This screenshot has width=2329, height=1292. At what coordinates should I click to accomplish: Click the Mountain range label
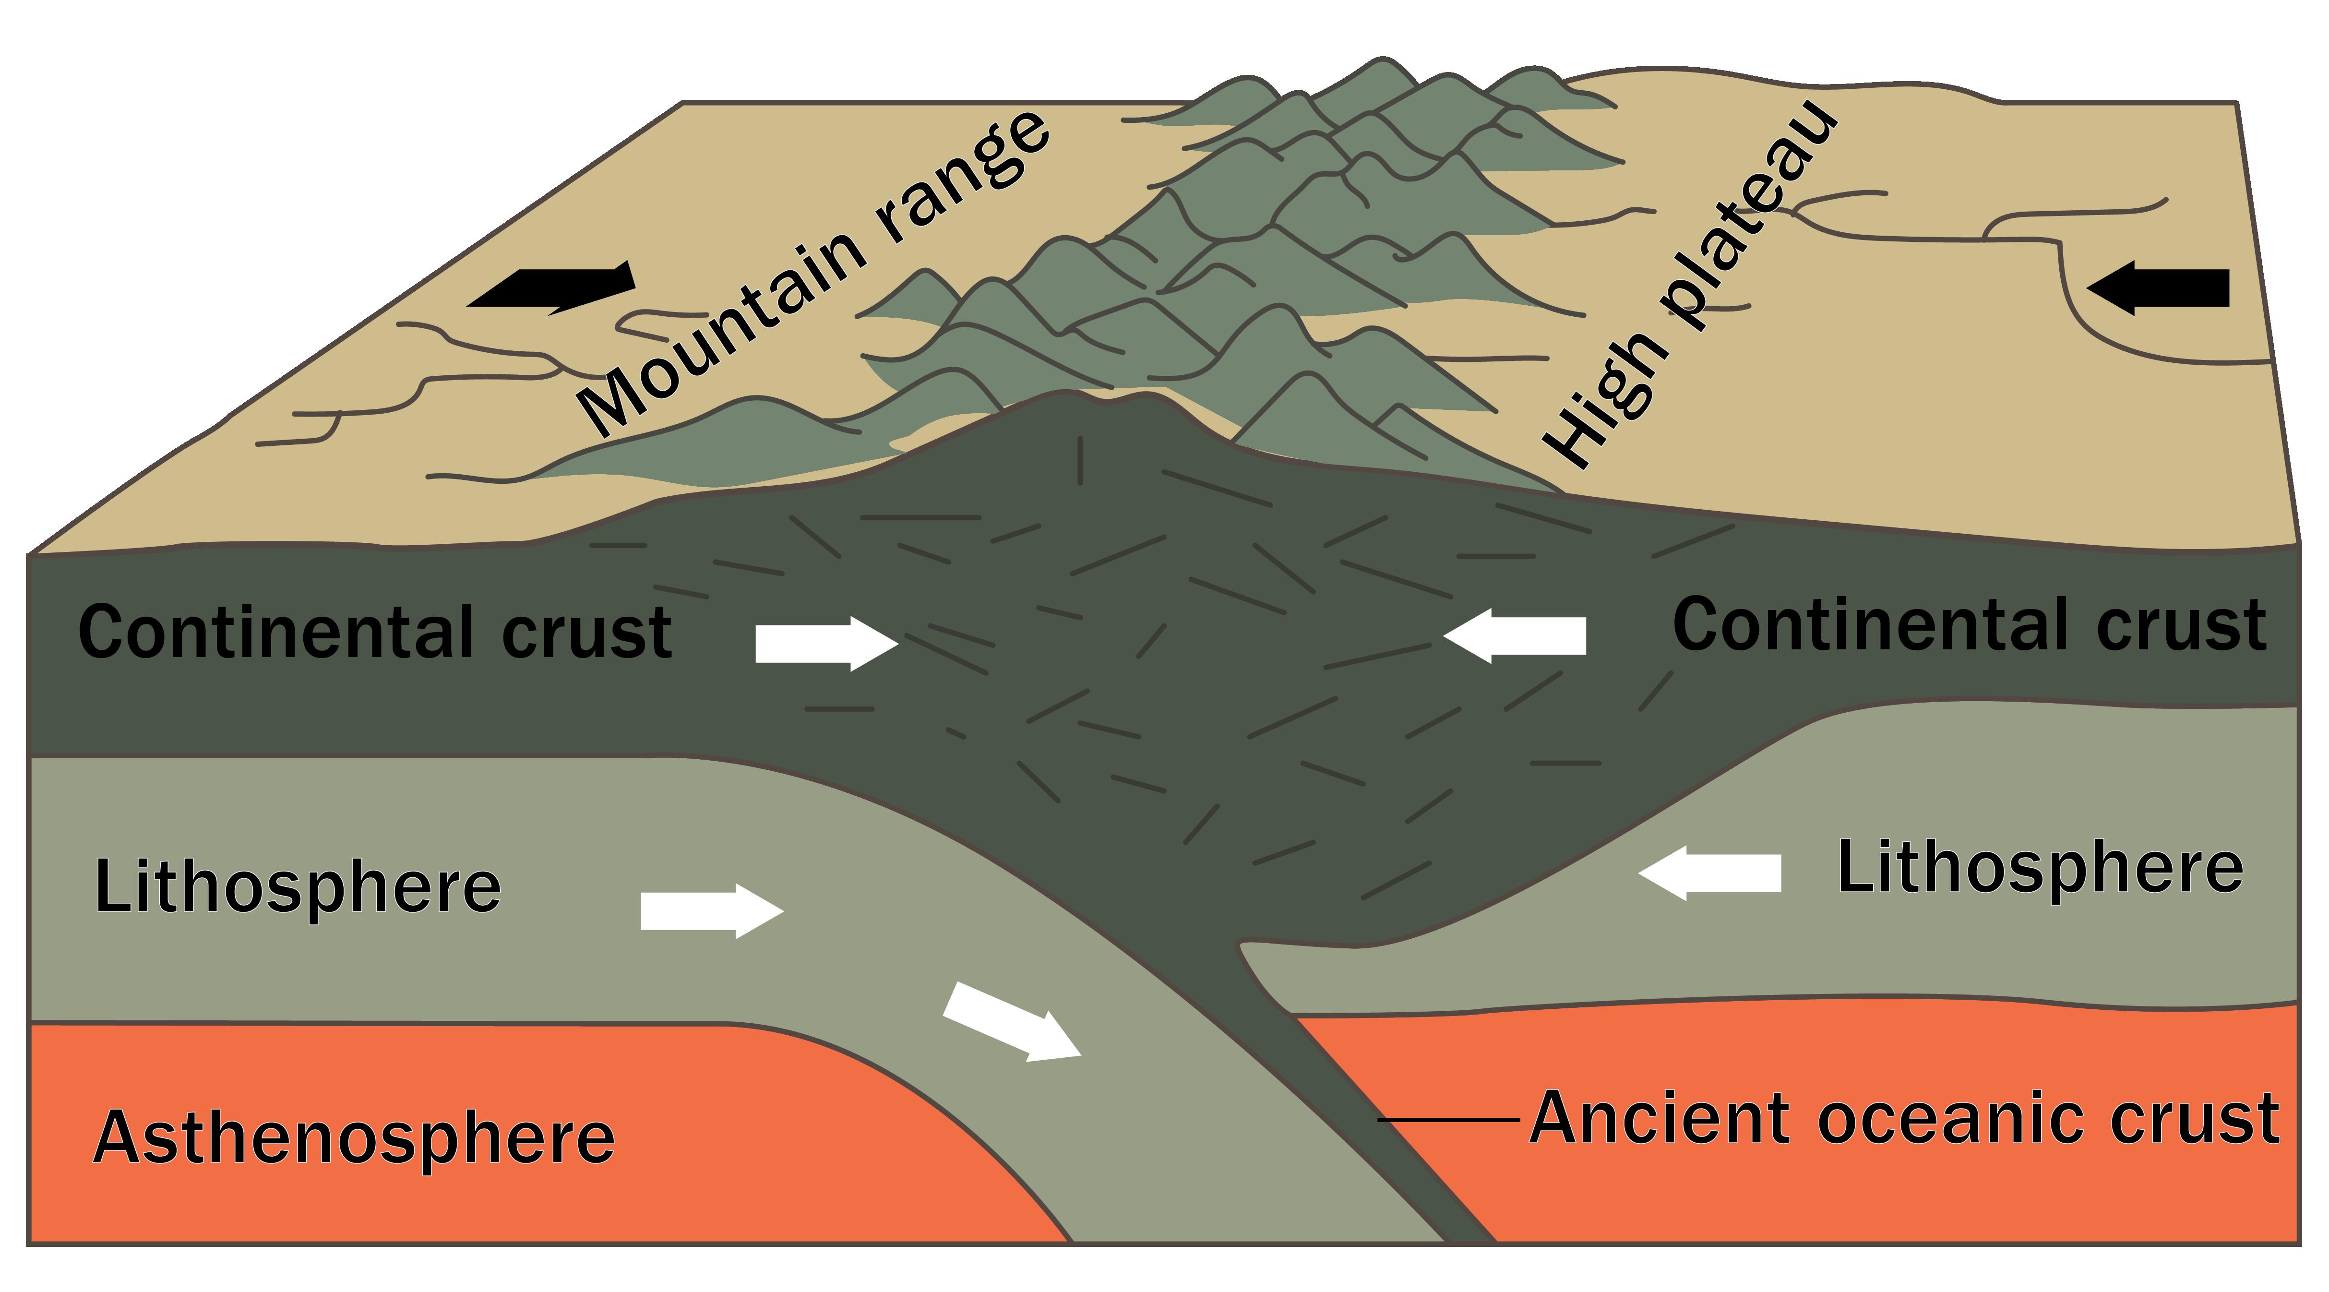(x=814, y=271)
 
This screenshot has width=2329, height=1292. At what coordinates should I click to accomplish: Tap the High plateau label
(x=1691, y=289)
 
